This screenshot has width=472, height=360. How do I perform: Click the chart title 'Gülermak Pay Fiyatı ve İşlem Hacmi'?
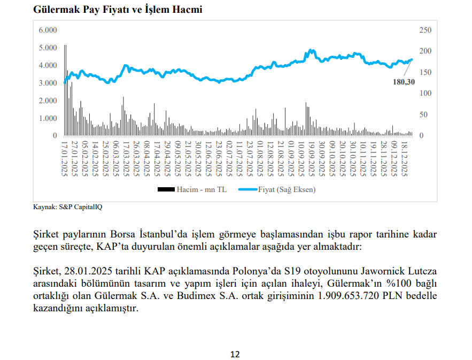[118, 10]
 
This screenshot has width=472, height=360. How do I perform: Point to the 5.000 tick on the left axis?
[48, 48]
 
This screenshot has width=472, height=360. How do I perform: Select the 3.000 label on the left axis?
[48, 83]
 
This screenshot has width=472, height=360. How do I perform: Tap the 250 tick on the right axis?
[425, 30]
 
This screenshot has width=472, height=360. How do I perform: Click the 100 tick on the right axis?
[425, 94]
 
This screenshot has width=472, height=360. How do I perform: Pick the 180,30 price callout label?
[403, 82]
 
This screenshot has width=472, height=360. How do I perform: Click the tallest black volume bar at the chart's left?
[65, 91]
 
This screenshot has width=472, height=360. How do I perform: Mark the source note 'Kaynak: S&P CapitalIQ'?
[67, 206]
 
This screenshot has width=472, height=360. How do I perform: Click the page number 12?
[235, 354]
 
